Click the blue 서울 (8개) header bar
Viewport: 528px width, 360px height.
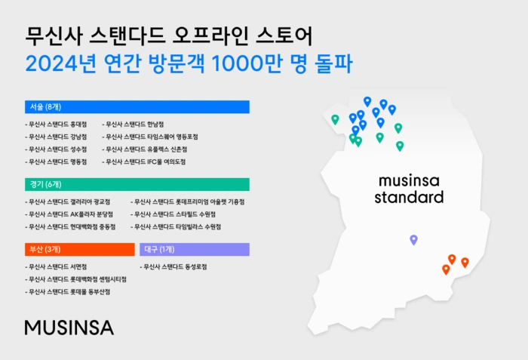pos(137,106)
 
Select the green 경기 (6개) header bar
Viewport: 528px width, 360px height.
pos(137,184)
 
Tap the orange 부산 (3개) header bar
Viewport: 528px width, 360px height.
pos(79,249)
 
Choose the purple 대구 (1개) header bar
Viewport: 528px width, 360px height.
pos(195,249)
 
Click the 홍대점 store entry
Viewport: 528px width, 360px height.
pos(57,124)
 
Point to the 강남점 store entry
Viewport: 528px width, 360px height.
pos(57,137)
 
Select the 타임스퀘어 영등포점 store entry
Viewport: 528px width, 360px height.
pos(151,137)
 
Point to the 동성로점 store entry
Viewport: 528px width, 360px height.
pos(174,266)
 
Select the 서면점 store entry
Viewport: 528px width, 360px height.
pos(57,266)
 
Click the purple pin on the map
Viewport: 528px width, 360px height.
pos(413,239)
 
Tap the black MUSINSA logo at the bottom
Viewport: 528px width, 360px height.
pos(69,327)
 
